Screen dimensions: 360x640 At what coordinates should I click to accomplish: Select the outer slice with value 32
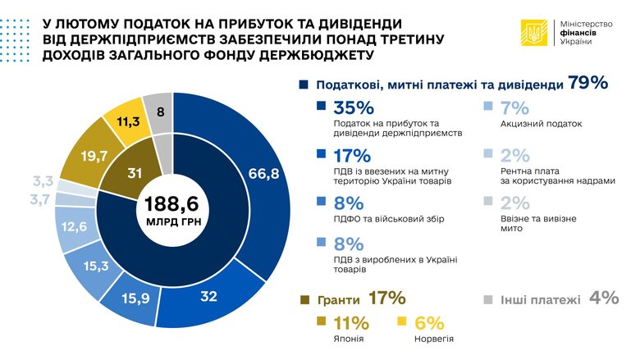tap(209, 296)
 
